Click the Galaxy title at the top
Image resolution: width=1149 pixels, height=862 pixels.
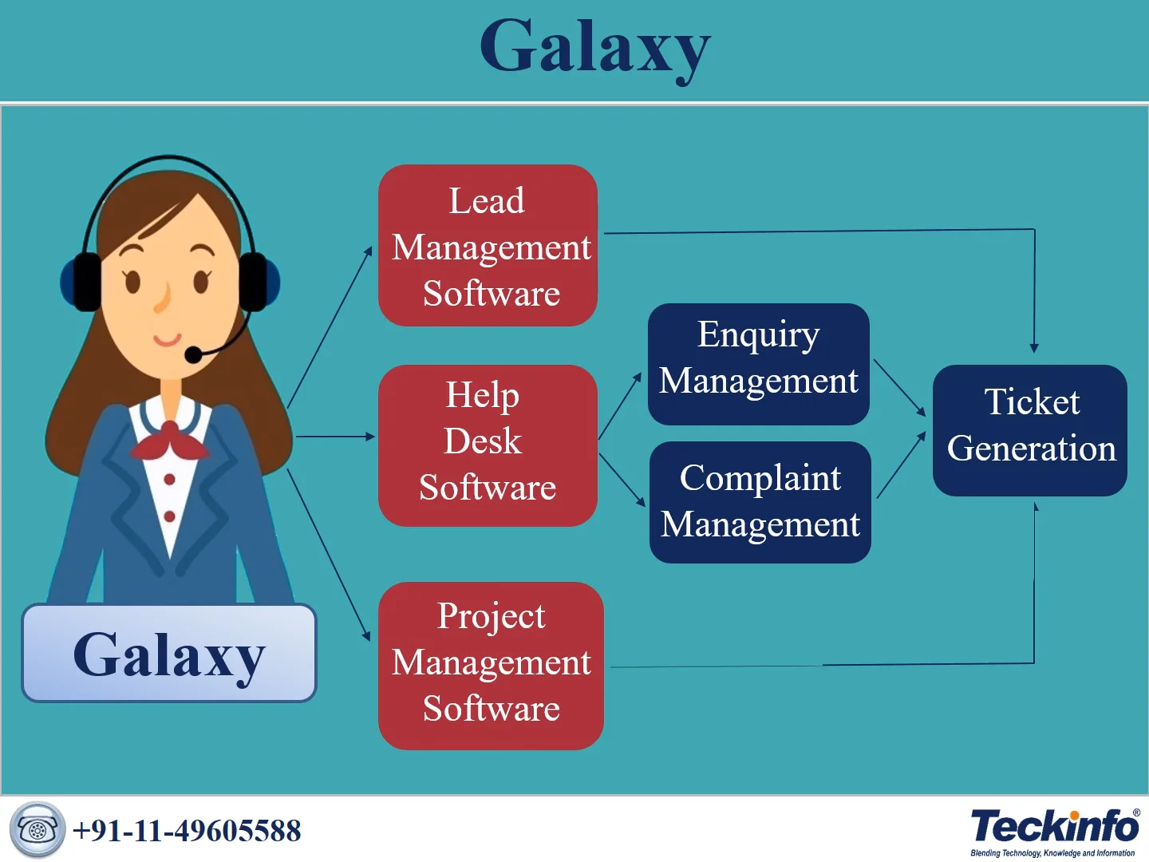[x=594, y=48]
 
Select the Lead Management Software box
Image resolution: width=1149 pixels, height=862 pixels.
[x=488, y=246]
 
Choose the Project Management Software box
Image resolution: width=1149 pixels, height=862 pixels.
[x=491, y=666]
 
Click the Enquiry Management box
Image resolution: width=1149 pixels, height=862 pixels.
[x=758, y=364]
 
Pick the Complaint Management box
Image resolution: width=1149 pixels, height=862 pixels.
[x=760, y=502]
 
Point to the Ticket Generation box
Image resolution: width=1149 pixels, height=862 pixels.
[x=1029, y=430]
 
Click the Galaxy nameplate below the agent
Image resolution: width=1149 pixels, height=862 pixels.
[x=169, y=654]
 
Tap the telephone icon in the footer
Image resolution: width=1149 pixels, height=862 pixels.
[x=37, y=830]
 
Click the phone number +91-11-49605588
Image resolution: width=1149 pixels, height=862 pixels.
[x=187, y=831]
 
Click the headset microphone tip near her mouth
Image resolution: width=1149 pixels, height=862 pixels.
[x=193, y=354]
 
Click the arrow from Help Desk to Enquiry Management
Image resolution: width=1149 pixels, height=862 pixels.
[x=620, y=405]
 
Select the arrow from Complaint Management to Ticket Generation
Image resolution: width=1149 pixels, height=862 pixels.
[x=902, y=465]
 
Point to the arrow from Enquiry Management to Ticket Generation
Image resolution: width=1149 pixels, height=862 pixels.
[x=900, y=388]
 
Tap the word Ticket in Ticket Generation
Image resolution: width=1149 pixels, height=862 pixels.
[x=1032, y=401]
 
